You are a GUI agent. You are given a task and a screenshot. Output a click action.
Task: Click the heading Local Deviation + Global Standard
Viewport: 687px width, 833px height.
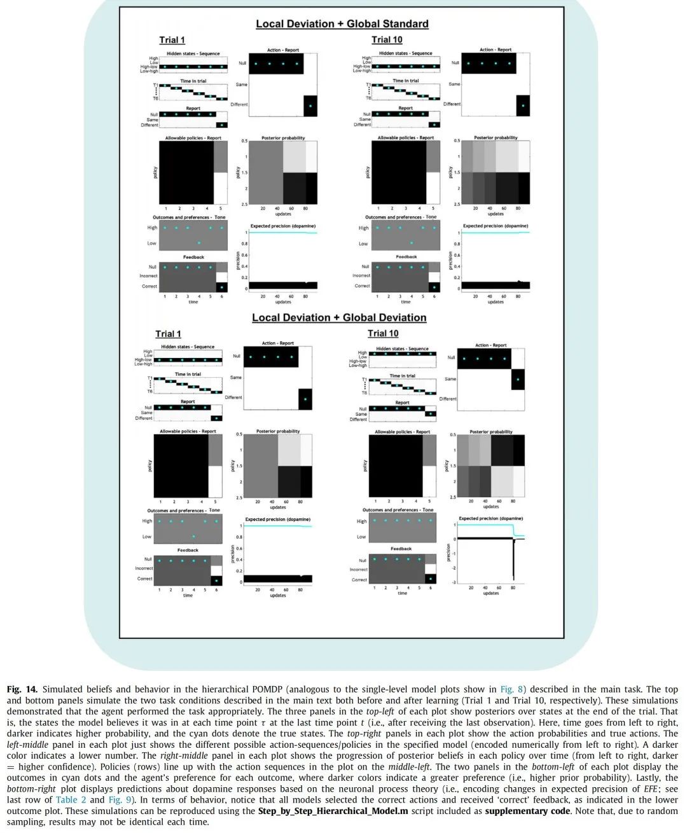pos(342,24)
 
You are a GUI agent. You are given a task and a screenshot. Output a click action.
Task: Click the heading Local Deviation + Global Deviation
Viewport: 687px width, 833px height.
pos(339,318)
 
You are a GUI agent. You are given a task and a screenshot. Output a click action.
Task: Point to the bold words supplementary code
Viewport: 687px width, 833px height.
pos(526,811)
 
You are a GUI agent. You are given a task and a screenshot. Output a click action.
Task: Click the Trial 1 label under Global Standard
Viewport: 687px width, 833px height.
pos(172,40)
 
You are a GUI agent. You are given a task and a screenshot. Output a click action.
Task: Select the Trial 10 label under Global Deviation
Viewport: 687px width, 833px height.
pos(383,334)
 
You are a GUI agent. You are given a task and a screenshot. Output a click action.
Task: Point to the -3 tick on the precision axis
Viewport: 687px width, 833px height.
pos(454,582)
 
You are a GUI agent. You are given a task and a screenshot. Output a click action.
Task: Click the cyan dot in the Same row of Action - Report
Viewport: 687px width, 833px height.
pos(518,380)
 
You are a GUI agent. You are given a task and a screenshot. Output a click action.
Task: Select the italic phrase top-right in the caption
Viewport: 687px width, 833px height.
pos(364,733)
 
